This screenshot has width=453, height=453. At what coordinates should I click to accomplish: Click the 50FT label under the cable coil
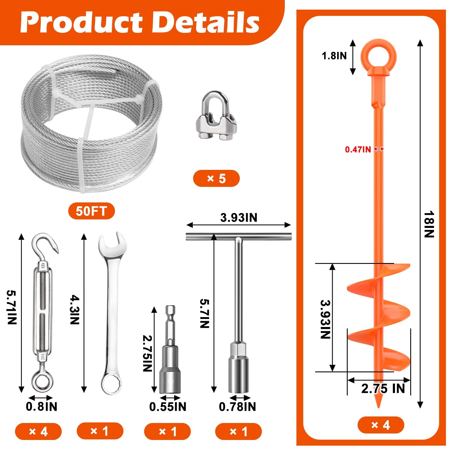tap(91, 211)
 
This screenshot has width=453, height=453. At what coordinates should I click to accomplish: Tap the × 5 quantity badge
tap(216, 178)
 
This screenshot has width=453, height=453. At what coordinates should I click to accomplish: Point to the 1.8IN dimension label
tap(334, 56)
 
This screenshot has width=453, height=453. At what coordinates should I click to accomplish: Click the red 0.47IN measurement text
tap(358, 149)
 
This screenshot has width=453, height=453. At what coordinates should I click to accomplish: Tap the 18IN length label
tap(429, 224)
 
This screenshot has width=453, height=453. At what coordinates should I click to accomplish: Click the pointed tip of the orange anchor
tap(379, 407)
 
